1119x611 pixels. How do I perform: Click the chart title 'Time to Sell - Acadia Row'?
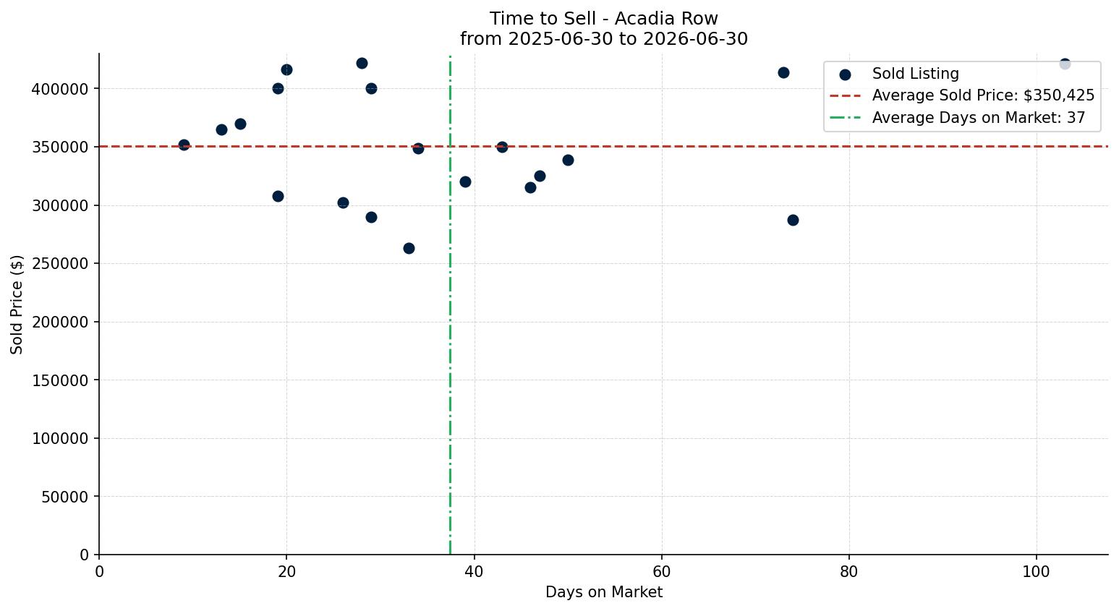click(603, 19)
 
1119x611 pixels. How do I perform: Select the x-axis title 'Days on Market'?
click(603, 592)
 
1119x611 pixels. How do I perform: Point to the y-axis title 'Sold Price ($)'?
click(17, 304)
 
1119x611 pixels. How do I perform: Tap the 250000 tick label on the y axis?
click(61, 264)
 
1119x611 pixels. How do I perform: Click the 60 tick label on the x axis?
click(662, 571)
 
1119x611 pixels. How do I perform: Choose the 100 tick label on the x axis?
click(1037, 571)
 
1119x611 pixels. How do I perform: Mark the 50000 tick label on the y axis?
click(65, 497)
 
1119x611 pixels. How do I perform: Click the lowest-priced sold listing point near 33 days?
click(409, 248)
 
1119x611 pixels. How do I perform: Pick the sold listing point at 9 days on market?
click(184, 145)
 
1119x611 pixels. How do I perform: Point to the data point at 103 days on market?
click(1065, 64)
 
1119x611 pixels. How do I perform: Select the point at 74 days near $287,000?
click(793, 220)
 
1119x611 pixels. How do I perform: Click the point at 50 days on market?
click(568, 161)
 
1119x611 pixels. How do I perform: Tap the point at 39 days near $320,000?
click(465, 181)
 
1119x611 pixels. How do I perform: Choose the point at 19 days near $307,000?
click(278, 196)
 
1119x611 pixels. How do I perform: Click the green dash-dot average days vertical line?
click(450, 304)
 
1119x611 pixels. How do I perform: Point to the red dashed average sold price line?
click(603, 146)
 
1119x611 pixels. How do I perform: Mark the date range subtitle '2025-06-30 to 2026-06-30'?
click(627, 39)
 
